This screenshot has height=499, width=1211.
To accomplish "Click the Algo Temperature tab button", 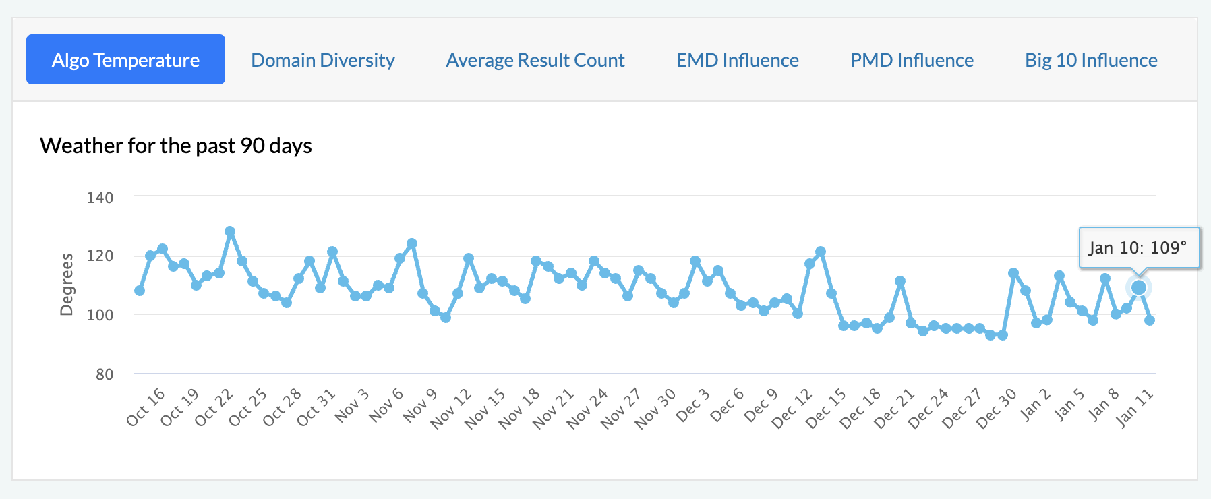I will pos(125,60).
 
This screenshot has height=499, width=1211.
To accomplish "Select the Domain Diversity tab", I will pos(322,60).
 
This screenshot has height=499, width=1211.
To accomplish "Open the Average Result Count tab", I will pos(535,60).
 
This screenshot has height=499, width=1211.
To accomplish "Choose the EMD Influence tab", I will pos(737,60).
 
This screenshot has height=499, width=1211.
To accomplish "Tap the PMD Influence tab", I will pos(912,60).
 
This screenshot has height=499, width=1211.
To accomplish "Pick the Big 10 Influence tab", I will pos(1091,60).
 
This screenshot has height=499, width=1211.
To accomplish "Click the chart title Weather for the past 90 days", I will pos(176,146).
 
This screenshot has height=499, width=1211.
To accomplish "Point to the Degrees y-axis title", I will pos(66,285).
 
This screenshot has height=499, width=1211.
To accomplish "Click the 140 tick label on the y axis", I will pos(100,198).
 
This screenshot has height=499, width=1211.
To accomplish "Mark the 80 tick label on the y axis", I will pos(105,374).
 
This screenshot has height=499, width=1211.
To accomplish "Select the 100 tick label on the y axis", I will pos(100,315).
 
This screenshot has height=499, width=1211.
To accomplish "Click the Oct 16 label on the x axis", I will pos(146,407).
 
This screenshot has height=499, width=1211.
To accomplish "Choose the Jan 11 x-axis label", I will pos(1135,408).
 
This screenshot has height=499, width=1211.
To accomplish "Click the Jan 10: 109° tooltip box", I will pos(1139,248).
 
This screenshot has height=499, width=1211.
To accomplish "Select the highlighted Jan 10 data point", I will pos(1139,288).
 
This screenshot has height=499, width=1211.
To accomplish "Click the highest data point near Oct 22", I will pos(230,231).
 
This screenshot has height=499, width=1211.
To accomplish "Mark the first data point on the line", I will pos(140,291).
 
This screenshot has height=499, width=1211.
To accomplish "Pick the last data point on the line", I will pos(1150,320).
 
